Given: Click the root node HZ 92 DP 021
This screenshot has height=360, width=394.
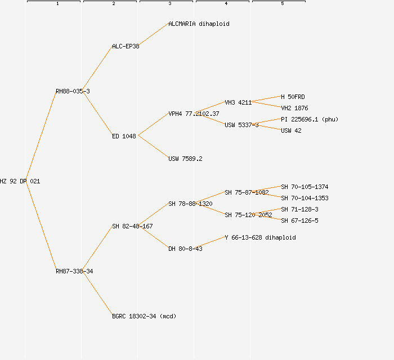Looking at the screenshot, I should [20, 181].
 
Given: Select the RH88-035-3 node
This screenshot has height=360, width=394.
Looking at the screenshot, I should [73, 91].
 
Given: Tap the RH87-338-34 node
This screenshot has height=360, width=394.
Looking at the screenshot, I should [74, 271].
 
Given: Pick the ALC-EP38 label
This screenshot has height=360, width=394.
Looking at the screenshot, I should [126, 46].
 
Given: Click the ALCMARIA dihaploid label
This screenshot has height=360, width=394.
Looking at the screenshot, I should [199, 24].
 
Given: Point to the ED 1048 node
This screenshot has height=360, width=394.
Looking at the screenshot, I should [124, 136].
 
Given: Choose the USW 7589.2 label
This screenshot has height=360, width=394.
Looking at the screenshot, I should [185, 159].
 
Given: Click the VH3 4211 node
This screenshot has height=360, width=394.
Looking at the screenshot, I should [238, 102].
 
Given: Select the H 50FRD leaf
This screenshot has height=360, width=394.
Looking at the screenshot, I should [293, 97].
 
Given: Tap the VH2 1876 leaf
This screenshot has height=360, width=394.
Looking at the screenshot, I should [294, 108].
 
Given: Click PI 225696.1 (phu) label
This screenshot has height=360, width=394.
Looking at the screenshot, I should [310, 119].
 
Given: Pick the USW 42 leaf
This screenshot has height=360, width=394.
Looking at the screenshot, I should [291, 130].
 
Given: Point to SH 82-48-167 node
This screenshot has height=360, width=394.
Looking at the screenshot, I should [132, 226].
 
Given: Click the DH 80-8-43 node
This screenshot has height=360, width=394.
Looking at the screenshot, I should [185, 249].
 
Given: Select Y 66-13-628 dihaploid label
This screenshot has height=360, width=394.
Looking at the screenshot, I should [260, 237].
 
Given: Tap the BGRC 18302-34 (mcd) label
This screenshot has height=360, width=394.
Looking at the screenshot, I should [144, 316].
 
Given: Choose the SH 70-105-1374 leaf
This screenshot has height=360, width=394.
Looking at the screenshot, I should [305, 187].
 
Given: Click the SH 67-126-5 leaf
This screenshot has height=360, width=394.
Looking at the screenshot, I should [299, 220].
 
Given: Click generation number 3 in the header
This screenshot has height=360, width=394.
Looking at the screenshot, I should [169, 4].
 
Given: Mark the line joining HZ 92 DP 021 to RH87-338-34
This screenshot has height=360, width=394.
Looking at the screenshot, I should [41, 226].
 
